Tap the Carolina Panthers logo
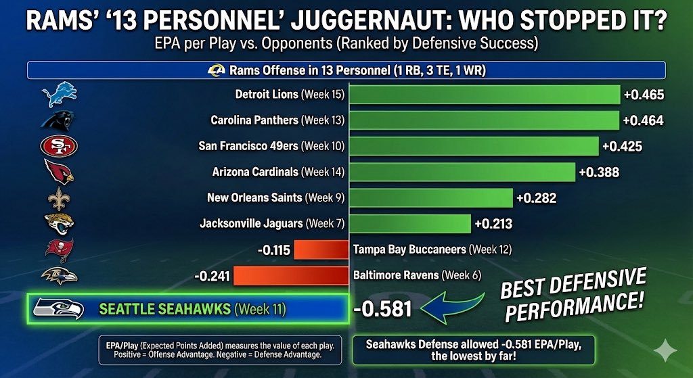pos(57,120)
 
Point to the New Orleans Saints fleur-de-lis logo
pos(58,198)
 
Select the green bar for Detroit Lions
pos(485,95)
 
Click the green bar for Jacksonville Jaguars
pos(409,223)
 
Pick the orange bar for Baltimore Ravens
pos(290,275)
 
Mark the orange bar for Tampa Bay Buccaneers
pos(321,250)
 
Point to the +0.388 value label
pos(599,172)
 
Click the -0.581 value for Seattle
pos(382,309)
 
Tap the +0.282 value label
pos(536,198)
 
